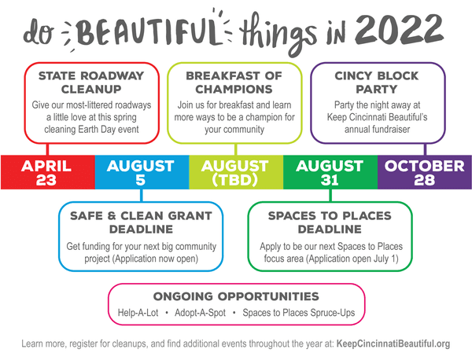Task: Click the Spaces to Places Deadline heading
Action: pyautogui.click(x=330, y=221)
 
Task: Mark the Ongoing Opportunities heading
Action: pyautogui.click(x=236, y=296)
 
